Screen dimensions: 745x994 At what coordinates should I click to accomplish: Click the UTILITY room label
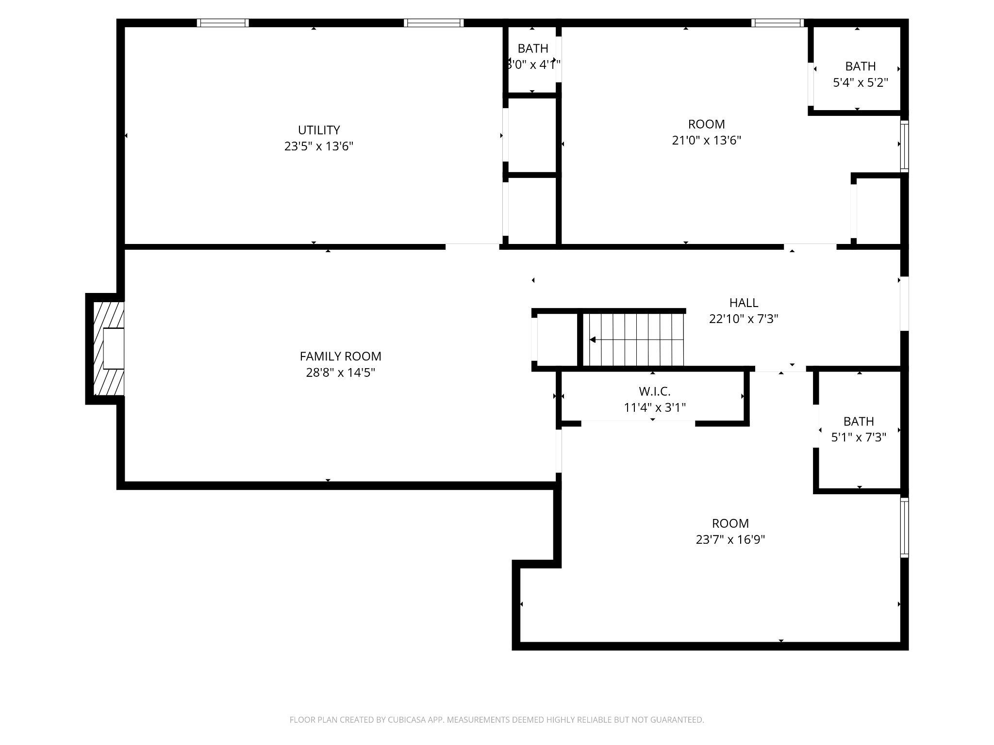[318, 130]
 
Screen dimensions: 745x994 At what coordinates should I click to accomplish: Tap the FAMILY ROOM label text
[340, 356]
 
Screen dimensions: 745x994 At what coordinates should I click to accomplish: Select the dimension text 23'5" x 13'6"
[318, 146]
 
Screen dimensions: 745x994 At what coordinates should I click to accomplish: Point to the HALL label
[744, 303]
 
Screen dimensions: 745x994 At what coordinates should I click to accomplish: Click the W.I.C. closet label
[654, 391]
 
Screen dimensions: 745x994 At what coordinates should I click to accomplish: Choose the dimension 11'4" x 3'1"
[654, 407]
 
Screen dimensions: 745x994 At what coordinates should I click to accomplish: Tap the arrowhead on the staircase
[592, 340]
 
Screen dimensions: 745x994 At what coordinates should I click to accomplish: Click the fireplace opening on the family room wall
[114, 348]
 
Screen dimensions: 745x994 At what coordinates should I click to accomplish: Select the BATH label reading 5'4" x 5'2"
[860, 66]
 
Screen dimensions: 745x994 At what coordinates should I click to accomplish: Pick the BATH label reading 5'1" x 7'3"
[858, 421]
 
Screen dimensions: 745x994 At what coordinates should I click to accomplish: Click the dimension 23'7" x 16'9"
[730, 540]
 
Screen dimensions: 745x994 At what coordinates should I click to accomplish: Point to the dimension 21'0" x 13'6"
[706, 141]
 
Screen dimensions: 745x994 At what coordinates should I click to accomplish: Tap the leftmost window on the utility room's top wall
[223, 23]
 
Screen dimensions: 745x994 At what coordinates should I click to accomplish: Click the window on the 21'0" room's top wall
[777, 23]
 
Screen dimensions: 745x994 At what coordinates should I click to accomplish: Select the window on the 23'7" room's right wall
[904, 527]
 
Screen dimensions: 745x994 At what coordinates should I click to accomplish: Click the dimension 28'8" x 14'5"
[340, 373]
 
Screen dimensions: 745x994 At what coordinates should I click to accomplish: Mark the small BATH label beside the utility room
[532, 49]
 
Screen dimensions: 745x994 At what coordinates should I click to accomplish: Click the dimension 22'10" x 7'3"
[744, 319]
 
